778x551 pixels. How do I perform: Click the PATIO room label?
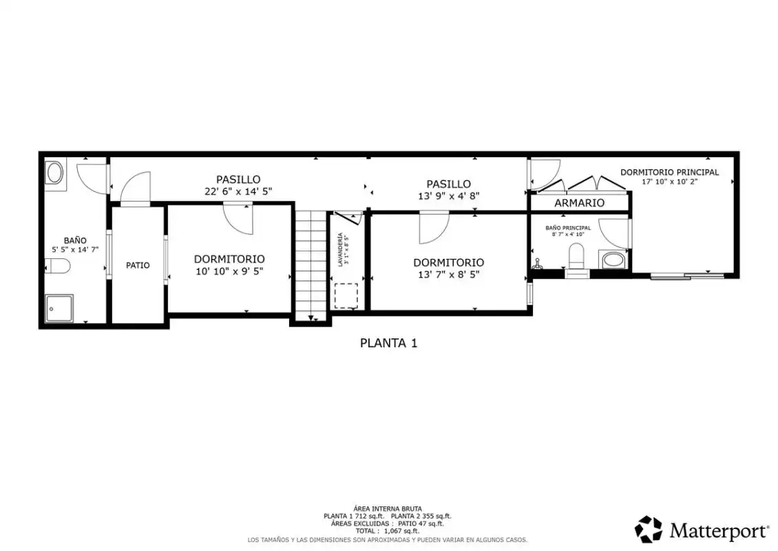pos(138,266)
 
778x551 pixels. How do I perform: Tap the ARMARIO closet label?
pos(579,202)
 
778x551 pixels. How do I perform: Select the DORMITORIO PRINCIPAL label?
pos(669,172)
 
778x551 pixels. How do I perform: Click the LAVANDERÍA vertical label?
pos(340,250)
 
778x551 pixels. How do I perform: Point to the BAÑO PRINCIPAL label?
pos(568,228)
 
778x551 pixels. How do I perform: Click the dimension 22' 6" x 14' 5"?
pos(238,191)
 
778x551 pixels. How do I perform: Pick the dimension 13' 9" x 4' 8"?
pos(448,196)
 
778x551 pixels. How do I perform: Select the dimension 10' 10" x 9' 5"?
pos(229,271)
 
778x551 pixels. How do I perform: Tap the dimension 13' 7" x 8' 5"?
pos(448,275)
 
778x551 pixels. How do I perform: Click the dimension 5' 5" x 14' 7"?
pos(75,250)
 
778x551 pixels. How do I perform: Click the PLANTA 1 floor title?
pos(388,343)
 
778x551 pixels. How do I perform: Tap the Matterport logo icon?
pos(649,529)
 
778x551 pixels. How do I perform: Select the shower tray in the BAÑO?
pos(59,309)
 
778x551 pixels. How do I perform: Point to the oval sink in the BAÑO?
pos(54,174)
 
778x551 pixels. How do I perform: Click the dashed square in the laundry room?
pos(346,296)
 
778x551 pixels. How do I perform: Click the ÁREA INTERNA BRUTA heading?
pos(388,509)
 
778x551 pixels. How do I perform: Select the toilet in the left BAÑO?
pos(58,266)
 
